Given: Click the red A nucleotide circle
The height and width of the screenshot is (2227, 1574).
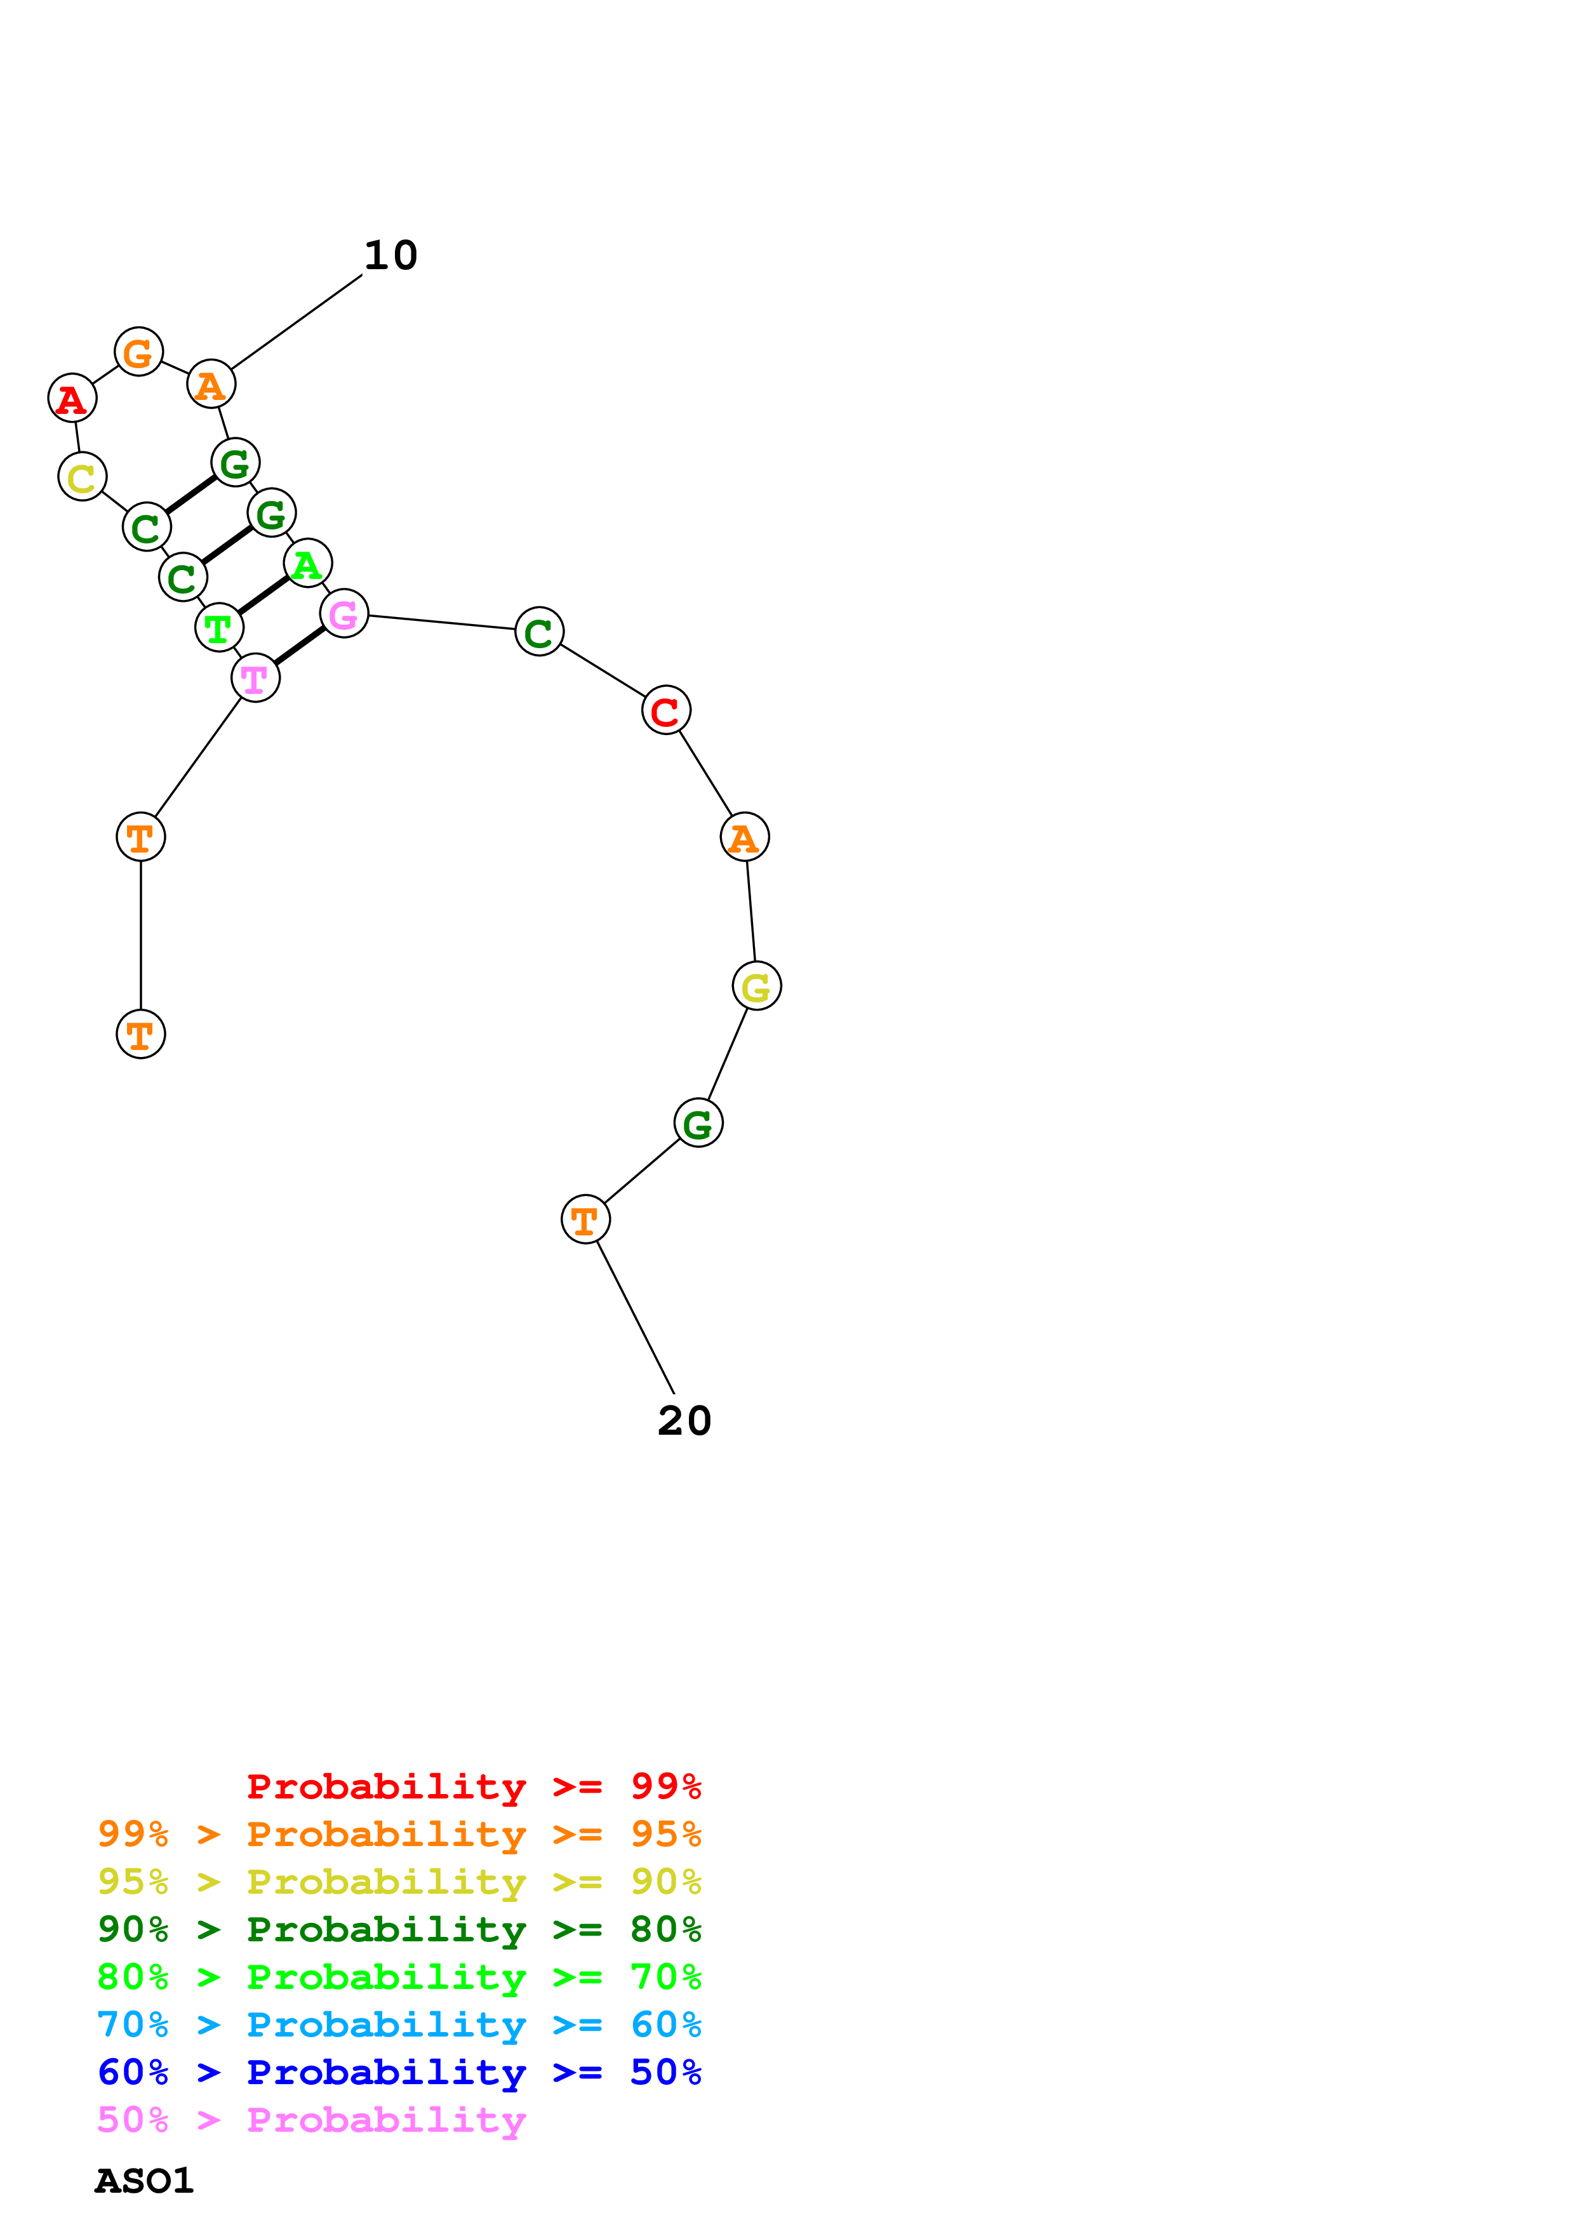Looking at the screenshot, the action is pyautogui.click(x=72, y=397).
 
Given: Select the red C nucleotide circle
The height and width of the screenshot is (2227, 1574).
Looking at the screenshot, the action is pyautogui.click(x=665, y=710).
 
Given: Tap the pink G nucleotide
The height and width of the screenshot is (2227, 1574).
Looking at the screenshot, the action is pyautogui.click(x=343, y=613).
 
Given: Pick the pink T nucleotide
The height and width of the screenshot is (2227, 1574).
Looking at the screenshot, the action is pyautogui.click(x=255, y=678).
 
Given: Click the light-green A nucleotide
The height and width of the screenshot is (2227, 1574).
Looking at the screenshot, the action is pyautogui.click(x=307, y=562).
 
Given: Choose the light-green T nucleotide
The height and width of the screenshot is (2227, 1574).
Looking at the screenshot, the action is pyautogui.click(x=219, y=628).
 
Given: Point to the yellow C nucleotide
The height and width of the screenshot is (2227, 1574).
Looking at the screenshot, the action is pyautogui.click(x=83, y=476).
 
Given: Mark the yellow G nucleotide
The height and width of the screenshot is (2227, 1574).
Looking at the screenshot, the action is pyautogui.click(x=756, y=985).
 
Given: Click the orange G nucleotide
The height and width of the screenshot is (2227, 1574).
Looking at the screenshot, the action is pyautogui.click(x=138, y=351).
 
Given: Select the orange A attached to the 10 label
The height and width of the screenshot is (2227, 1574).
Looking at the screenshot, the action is pyautogui.click(x=210, y=384).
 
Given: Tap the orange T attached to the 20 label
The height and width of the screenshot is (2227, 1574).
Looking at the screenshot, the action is pyautogui.click(x=586, y=1220).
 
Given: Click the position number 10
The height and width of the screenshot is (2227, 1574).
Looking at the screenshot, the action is pyautogui.click(x=391, y=255).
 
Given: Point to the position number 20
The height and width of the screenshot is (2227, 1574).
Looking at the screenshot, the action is pyautogui.click(x=684, y=1421).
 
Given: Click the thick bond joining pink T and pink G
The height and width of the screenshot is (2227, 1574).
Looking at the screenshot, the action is pyautogui.click(x=300, y=646).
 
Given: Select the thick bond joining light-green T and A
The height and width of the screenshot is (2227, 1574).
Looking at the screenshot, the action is pyautogui.click(x=263, y=595).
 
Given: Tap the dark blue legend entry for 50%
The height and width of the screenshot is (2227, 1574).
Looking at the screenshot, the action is pyautogui.click(x=399, y=2072).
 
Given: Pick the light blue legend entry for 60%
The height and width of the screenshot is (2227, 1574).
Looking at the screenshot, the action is pyautogui.click(x=399, y=2024).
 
